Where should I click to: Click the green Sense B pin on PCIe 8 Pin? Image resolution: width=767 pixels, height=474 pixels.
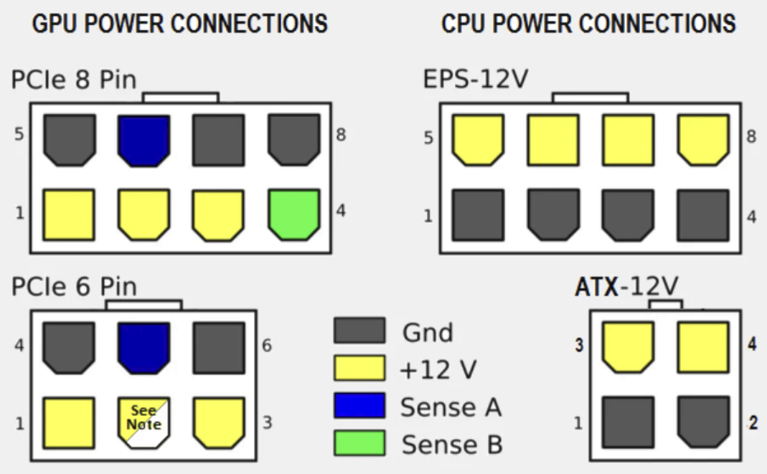point(294,214)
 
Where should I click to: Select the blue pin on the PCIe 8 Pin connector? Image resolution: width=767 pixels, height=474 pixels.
point(144,140)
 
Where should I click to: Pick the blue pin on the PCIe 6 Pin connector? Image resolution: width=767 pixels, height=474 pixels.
point(144,348)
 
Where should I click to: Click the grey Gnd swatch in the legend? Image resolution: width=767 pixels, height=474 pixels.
point(359,331)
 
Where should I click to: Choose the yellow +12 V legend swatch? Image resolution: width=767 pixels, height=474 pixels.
point(359,368)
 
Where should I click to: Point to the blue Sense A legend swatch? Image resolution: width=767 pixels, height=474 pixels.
point(359,406)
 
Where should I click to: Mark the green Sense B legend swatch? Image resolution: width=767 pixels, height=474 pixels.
point(359,443)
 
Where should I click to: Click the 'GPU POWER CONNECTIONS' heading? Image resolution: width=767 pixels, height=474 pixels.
point(180,24)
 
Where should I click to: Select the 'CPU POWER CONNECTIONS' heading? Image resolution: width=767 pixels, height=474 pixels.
point(588,24)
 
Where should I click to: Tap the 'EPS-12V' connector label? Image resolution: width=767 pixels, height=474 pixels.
point(475,78)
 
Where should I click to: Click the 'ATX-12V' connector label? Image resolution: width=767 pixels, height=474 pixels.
point(626,287)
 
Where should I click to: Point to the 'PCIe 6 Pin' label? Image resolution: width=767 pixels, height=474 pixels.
point(74,287)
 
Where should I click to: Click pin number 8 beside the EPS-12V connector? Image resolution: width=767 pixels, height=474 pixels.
point(751,136)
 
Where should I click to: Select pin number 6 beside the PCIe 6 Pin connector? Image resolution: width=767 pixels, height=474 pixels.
point(266,345)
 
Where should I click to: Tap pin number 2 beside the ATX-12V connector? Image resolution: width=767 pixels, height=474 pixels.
point(753,422)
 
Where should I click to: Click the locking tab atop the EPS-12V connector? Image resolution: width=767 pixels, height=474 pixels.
point(590,98)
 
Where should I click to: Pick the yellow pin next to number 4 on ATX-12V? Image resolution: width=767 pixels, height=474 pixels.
point(703,347)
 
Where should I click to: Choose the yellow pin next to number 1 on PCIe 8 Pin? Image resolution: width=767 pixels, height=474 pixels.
point(69,214)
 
